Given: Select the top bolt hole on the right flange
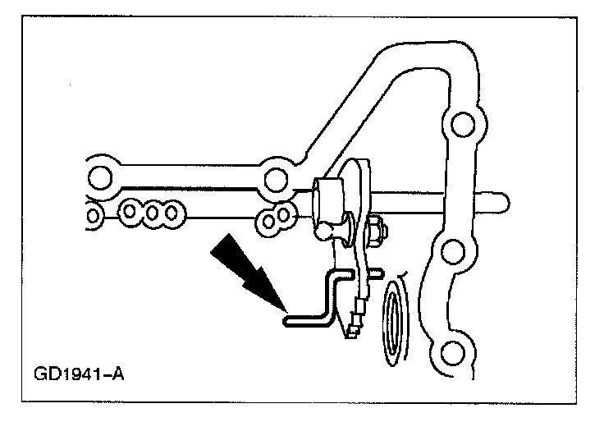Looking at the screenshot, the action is coord(462,126).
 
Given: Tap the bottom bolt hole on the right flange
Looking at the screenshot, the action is coord(449,355).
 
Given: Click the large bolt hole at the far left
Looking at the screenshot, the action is coord(99,177).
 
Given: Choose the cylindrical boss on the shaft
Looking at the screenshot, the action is coord(331,196).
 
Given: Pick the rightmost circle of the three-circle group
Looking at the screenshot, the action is coord(172,213).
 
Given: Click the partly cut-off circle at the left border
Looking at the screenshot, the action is coord(89,216).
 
